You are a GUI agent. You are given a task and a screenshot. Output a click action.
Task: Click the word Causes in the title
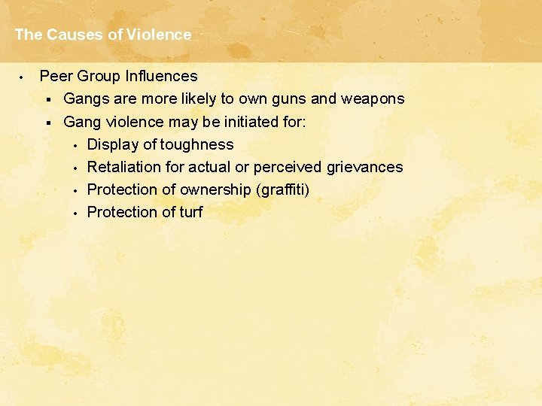click(71, 35)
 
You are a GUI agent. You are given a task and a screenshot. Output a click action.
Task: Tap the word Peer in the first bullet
click(54, 76)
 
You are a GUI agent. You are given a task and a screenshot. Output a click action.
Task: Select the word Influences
click(163, 76)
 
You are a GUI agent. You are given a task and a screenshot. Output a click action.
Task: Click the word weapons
click(373, 98)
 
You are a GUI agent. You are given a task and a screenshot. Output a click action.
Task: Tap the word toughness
click(198, 144)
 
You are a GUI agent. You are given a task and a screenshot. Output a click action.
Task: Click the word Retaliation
click(123, 167)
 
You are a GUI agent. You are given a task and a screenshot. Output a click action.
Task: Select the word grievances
click(364, 167)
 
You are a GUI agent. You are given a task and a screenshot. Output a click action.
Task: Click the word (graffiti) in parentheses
click(284, 189)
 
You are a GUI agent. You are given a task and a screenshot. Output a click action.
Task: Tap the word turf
click(190, 212)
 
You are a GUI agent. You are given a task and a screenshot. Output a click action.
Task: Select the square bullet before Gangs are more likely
click(47, 99)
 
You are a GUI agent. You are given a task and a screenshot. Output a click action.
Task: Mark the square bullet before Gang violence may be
click(47, 122)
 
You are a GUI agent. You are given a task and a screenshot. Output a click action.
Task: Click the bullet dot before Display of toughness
click(75, 145)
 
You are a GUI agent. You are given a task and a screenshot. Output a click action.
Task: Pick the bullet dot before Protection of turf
click(75, 213)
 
